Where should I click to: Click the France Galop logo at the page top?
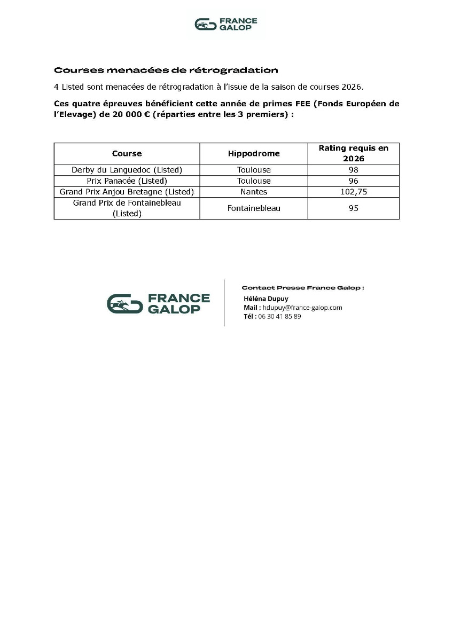(226, 24)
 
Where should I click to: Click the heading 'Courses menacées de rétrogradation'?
(166, 70)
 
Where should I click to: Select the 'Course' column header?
(127, 153)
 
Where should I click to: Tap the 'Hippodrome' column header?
(254, 153)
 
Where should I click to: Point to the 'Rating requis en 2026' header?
(353, 153)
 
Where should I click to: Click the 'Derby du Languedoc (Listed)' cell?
(127, 170)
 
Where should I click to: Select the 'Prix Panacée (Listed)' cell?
(127, 181)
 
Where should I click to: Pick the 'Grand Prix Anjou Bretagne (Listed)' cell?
(127, 191)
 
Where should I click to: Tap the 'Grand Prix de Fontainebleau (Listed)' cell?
(127, 208)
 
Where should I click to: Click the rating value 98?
(353, 170)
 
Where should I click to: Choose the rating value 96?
(353, 181)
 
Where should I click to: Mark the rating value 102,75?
(353, 191)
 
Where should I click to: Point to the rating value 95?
(353, 208)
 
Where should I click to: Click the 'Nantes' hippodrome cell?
(254, 191)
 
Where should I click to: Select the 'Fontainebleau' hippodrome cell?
(254, 208)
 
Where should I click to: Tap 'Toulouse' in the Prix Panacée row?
(254, 181)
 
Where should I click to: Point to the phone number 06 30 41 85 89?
(279, 316)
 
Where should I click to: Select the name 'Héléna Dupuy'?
(265, 299)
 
